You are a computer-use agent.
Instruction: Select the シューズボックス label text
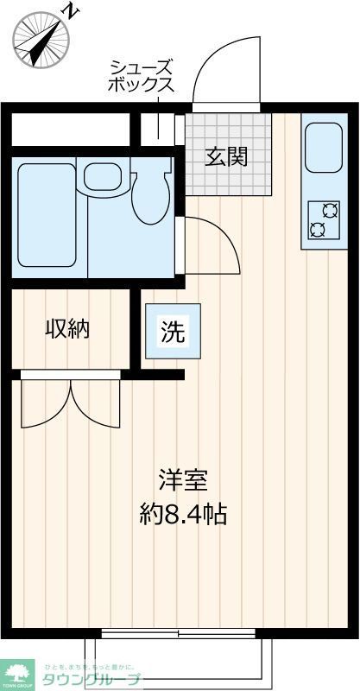pyautogui.click(x=141, y=76)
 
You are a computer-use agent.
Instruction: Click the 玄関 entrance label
pyautogui.click(x=227, y=156)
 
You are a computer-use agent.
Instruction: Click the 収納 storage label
pyautogui.click(x=67, y=328)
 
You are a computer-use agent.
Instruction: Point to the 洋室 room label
pyautogui.click(x=182, y=479)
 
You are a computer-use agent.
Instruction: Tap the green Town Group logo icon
pyautogui.click(x=17, y=670)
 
